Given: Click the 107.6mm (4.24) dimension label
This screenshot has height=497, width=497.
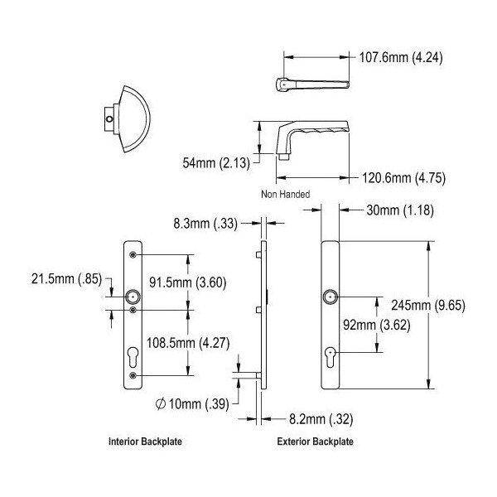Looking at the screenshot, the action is (x=401, y=58).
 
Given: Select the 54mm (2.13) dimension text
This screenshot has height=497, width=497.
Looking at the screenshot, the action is (x=216, y=163).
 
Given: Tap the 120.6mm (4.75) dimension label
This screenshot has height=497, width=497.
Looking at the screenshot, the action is (x=403, y=178).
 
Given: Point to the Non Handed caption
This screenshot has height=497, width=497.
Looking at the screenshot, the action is (x=285, y=194).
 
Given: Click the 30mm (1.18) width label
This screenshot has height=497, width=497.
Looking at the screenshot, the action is (x=400, y=210).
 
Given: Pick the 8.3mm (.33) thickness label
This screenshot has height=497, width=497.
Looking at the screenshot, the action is (x=205, y=224).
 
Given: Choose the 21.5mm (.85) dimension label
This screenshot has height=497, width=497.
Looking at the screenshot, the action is (x=66, y=279).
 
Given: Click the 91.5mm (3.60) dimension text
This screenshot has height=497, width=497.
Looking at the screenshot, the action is (x=188, y=282).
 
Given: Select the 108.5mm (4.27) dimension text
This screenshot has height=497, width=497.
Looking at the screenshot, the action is (x=188, y=343).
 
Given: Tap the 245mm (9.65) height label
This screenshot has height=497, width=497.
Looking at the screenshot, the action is (x=428, y=306).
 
